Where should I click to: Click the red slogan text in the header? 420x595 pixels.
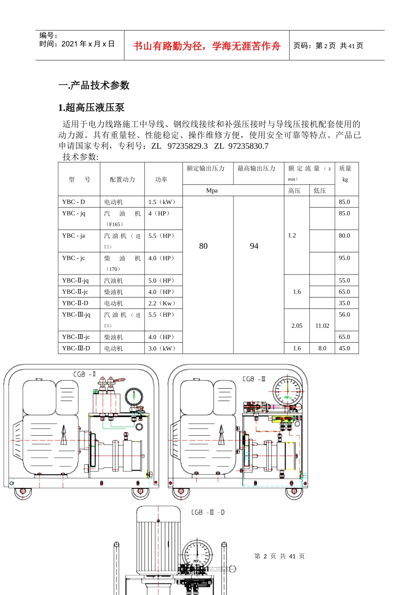coord(207,46)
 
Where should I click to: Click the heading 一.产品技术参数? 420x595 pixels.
coord(94,85)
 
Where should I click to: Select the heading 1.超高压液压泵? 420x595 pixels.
coord(91,108)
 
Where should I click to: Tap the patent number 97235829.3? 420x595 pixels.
coord(187,146)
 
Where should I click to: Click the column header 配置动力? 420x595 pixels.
coord(122,179)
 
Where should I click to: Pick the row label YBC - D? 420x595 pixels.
coord(73,202)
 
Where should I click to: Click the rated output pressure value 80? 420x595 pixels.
coord(203,246)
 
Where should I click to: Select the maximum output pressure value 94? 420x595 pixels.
coord(254,246)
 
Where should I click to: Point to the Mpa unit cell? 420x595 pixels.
coord(212,191)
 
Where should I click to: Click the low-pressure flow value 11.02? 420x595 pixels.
coord(322,326)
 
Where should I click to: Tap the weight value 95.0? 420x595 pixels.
coord(344,258)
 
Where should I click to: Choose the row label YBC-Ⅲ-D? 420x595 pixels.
coord(76,348)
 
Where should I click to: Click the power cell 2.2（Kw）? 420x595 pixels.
coord(162,303)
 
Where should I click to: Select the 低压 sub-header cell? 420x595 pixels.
coord(320,191)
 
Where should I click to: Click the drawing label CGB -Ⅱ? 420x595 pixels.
coord(84,375)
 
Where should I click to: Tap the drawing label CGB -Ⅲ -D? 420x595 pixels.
coord(208,512)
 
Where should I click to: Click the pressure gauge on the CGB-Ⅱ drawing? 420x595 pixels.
coord(134,396)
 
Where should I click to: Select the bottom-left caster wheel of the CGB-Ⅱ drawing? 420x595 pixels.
coord(23,491)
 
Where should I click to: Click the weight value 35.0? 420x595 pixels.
coord(344,303)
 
